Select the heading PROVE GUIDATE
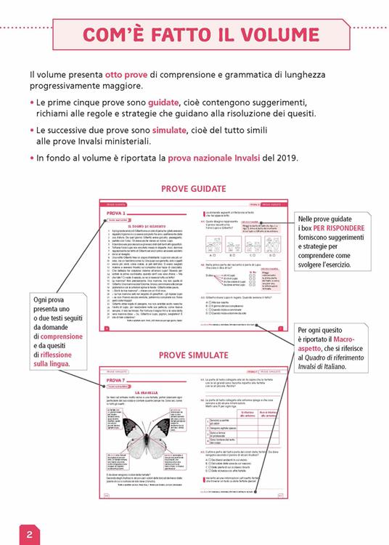click(x=193, y=189)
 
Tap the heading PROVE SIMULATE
click(x=193, y=355)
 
